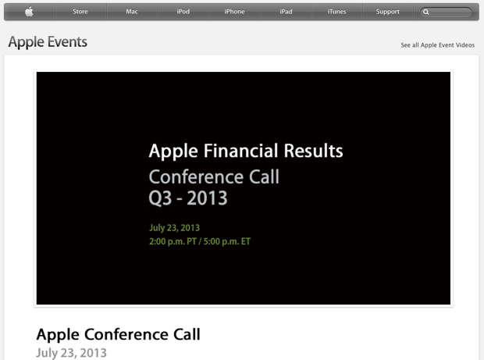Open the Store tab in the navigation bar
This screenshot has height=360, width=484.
click(80, 12)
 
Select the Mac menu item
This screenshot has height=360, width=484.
click(132, 12)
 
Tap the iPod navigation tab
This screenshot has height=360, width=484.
click(183, 12)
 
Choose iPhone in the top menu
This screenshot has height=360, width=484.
click(234, 12)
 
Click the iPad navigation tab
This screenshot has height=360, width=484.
click(286, 12)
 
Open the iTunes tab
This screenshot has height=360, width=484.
click(337, 12)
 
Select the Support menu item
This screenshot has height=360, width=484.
click(388, 12)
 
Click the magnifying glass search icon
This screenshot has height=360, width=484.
click(426, 12)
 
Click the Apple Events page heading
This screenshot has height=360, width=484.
click(48, 42)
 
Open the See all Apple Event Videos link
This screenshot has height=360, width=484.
click(437, 45)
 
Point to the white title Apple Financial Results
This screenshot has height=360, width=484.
click(246, 151)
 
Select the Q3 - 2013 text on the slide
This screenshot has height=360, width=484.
click(188, 198)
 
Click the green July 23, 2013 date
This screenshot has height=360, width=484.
click(174, 228)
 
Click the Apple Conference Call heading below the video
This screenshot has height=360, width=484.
click(118, 334)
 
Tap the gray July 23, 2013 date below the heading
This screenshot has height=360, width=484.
click(71, 352)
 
